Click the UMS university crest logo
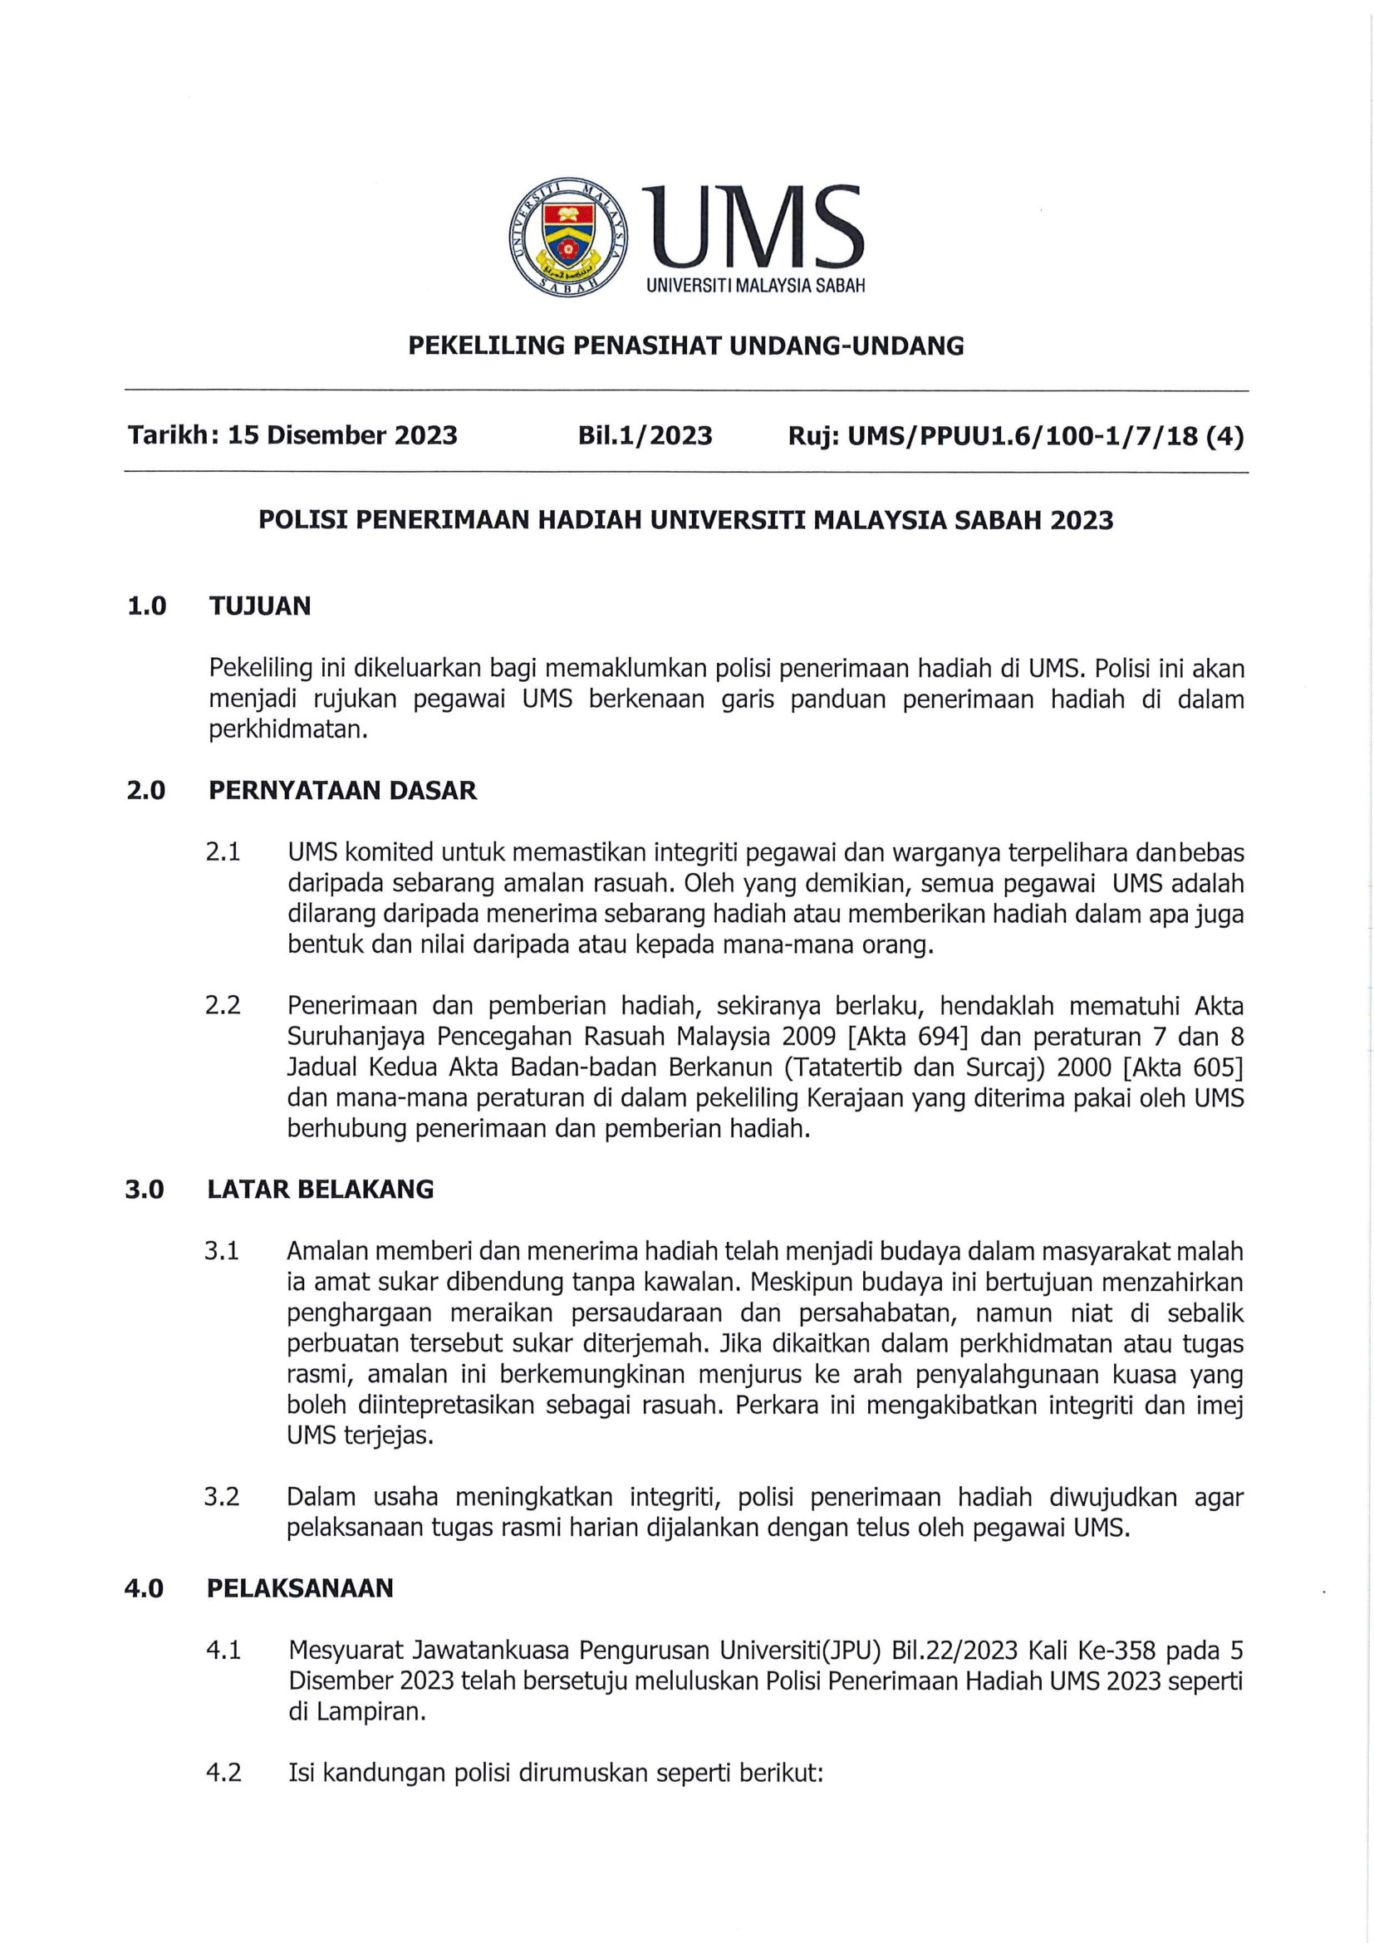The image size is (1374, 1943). point(567,237)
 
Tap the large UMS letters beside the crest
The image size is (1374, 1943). point(752,227)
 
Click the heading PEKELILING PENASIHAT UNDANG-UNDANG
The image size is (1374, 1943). point(686,346)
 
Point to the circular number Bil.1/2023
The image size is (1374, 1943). point(645,435)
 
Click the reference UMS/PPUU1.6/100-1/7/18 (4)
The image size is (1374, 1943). point(1045,436)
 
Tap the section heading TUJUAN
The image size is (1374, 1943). point(260,606)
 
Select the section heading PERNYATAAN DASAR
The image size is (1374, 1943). point(342,790)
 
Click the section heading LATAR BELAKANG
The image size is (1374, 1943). point(320,1189)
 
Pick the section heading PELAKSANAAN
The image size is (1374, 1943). point(300,1587)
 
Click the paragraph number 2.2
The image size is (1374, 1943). point(223,1005)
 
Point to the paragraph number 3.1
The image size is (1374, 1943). point(222,1251)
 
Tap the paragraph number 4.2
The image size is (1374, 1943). point(223,1772)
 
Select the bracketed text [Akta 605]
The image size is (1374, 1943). point(1182,1067)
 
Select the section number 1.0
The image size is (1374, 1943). point(146,606)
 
